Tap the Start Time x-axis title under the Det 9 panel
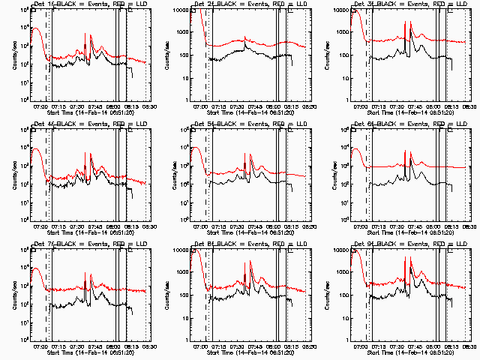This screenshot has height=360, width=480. pos(401,352)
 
